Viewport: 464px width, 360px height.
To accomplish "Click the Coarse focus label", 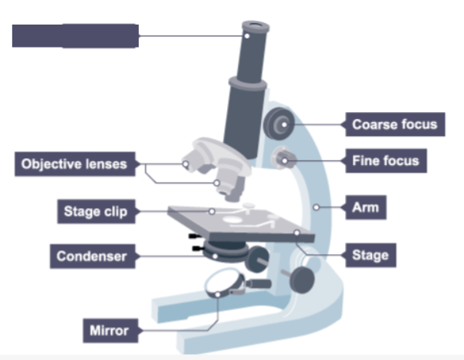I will pos(394,124).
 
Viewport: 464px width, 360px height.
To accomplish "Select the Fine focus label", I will pos(386,161).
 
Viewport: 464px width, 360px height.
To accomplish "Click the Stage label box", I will pos(370,254).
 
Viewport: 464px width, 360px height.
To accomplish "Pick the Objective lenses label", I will pos(74,163).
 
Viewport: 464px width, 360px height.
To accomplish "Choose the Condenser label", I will pos(91,256).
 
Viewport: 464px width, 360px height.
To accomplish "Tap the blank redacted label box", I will pos(75,36).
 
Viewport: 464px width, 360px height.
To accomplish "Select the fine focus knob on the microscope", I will pos(284,160).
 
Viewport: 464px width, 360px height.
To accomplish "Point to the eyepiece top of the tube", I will pos(254,31).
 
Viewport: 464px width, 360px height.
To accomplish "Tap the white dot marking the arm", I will pos(317,206).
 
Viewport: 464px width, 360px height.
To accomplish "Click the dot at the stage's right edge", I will pos(296,231).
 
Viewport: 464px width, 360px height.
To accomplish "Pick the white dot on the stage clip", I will pos(213,210).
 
